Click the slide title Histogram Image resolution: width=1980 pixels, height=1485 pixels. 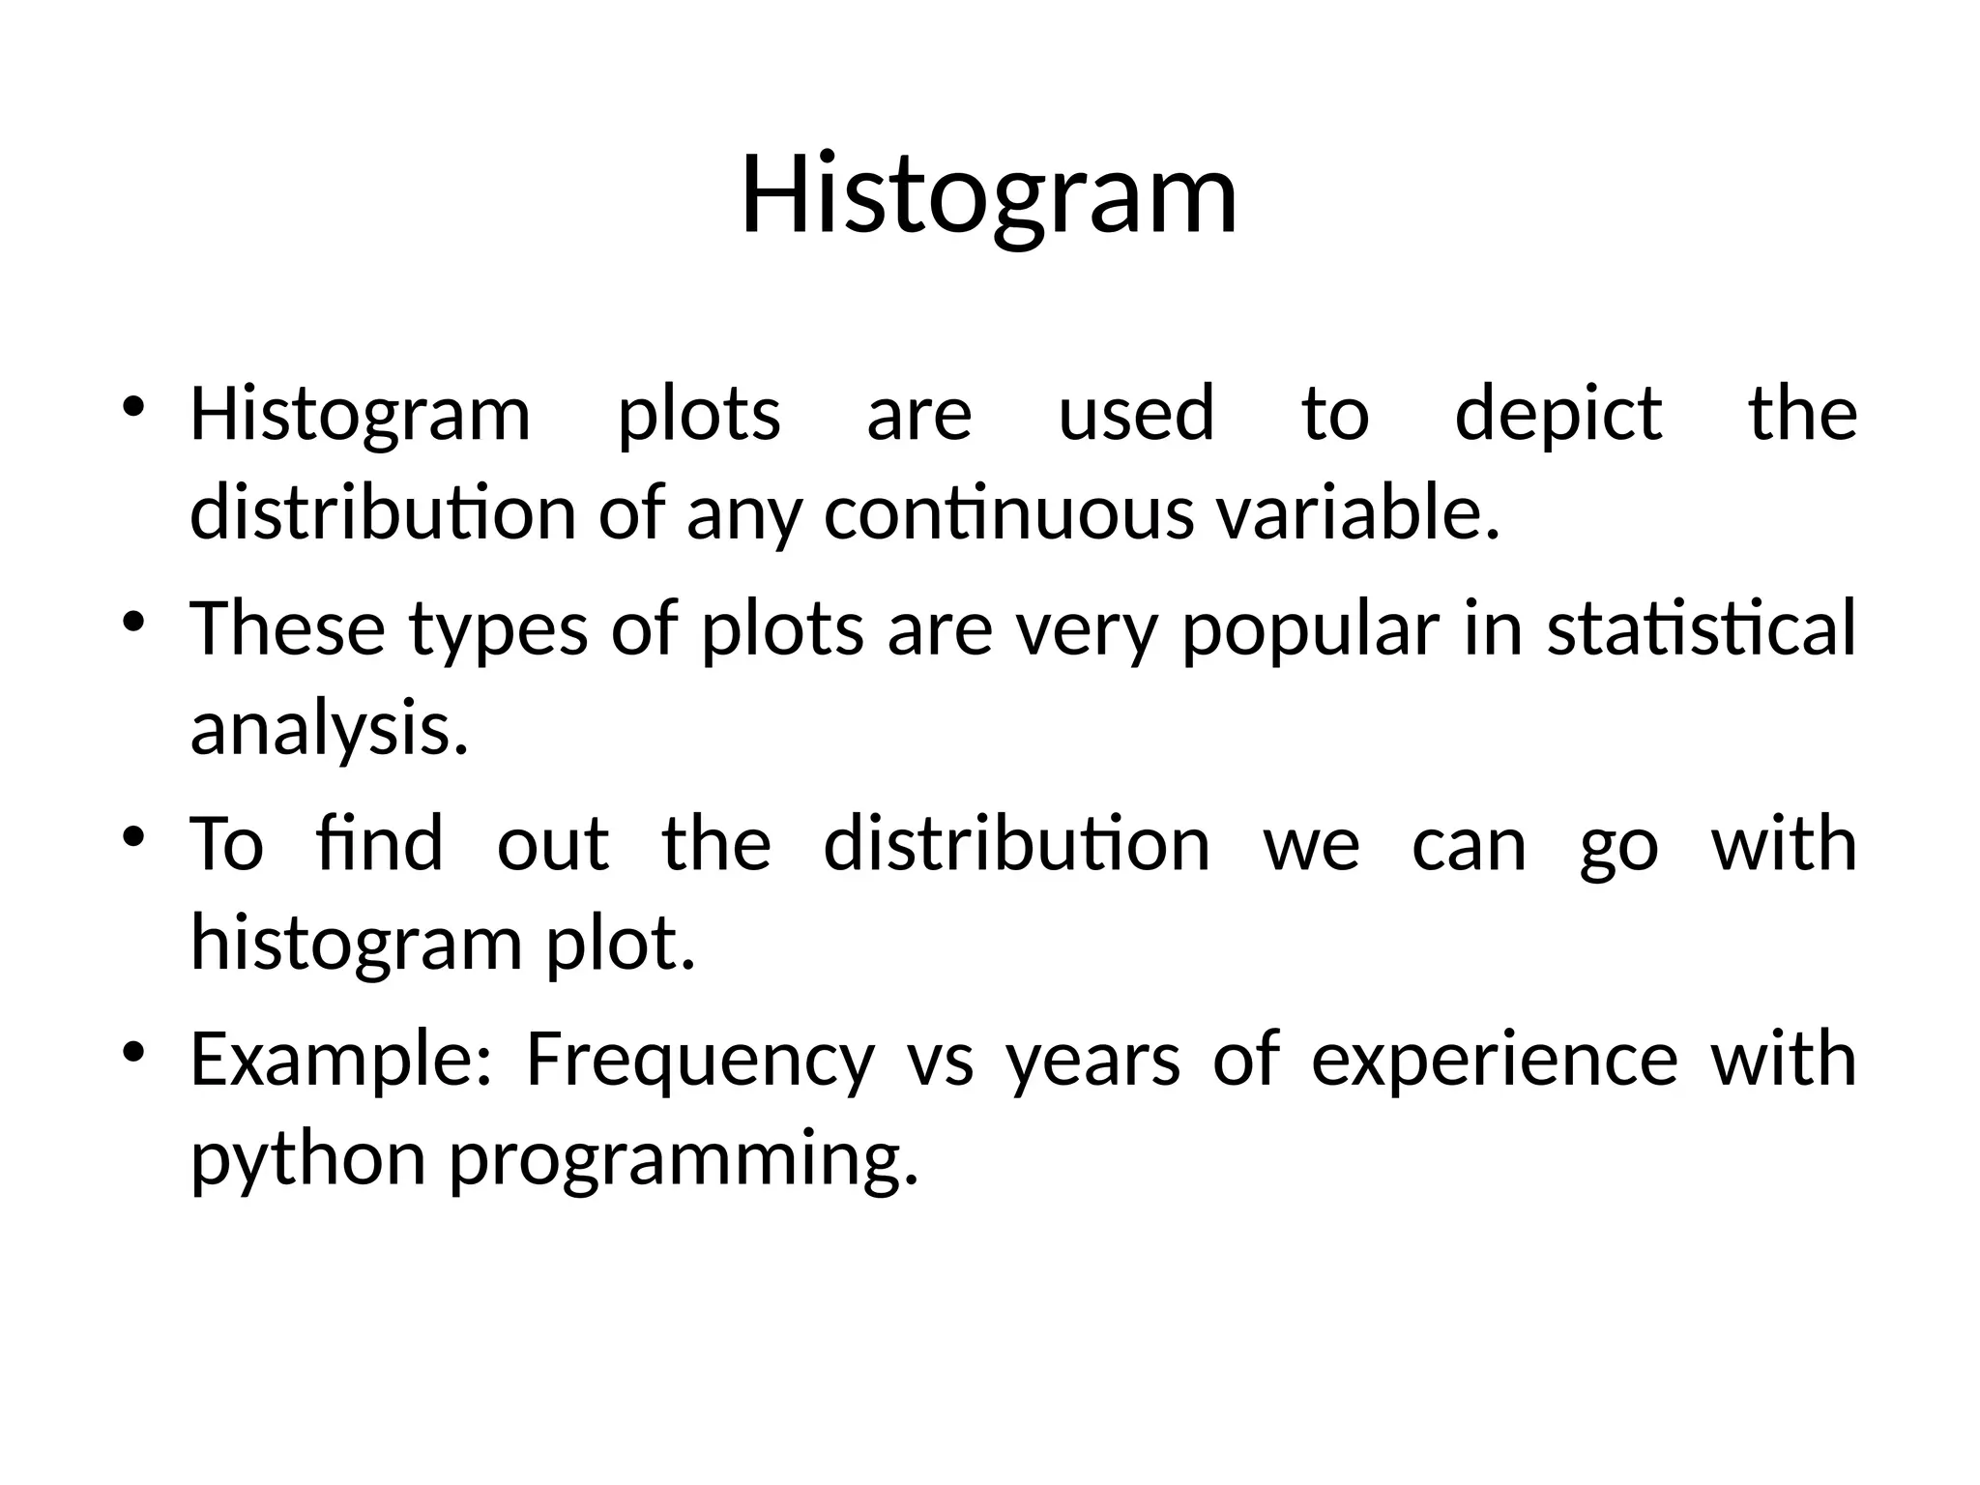click(x=989, y=195)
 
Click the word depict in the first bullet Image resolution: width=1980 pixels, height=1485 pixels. click(x=1558, y=415)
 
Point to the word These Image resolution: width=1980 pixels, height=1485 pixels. click(x=287, y=628)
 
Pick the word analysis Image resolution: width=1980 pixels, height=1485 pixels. click(x=329, y=731)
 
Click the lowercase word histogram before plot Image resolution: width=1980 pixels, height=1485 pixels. click(x=357, y=945)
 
